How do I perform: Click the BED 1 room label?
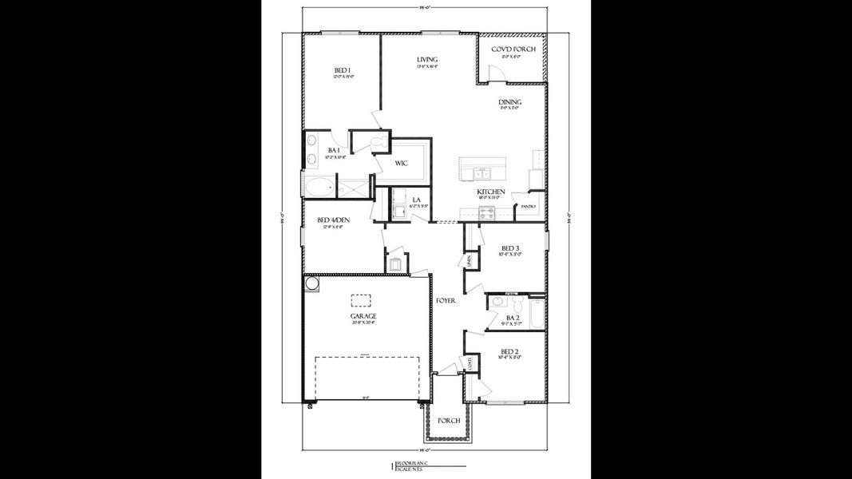click(x=343, y=72)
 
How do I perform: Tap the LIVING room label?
click(x=426, y=60)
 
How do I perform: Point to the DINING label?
click(x=510, y=102)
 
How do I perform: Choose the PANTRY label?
click(x=528, y=207)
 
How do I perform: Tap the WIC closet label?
click(x=402, y=163)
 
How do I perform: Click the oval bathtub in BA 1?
click(x=319, y=189)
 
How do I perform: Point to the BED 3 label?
click(x=511, y=248)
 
